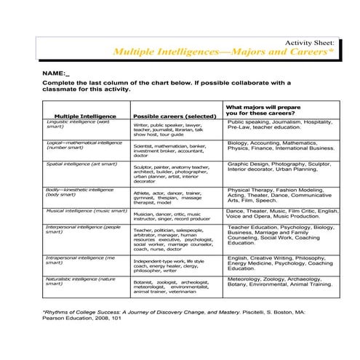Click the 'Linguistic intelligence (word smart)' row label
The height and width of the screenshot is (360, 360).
tap(80, 124)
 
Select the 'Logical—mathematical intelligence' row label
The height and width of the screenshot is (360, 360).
tap(83, 147)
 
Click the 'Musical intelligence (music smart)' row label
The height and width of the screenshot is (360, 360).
tap(86, 211)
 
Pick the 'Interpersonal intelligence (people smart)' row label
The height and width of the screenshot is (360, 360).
tap(84, 231)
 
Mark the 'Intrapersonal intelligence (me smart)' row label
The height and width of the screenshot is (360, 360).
tap(80, 260)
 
